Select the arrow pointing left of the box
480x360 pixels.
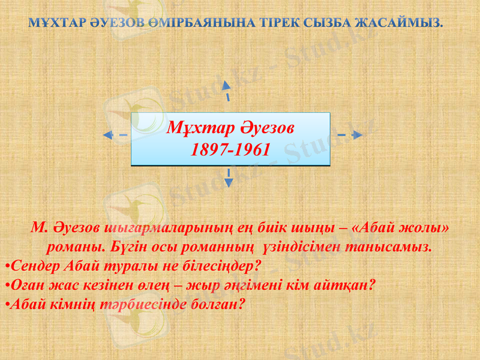point(114,135)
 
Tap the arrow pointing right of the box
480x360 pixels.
point(349,135)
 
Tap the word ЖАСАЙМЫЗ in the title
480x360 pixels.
point(399,24)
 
